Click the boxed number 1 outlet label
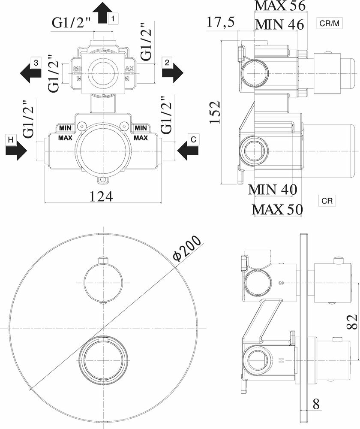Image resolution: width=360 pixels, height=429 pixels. coord(113,18)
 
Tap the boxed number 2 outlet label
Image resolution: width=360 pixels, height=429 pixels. coord(167,63)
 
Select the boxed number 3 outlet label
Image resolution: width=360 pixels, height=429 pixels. coord(36,63)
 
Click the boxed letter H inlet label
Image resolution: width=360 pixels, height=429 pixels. coord(11,140)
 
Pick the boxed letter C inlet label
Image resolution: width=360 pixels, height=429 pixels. coord(193,139)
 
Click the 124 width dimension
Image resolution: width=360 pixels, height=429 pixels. coord(102,196)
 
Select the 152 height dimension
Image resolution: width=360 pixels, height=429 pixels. coord(215,112)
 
